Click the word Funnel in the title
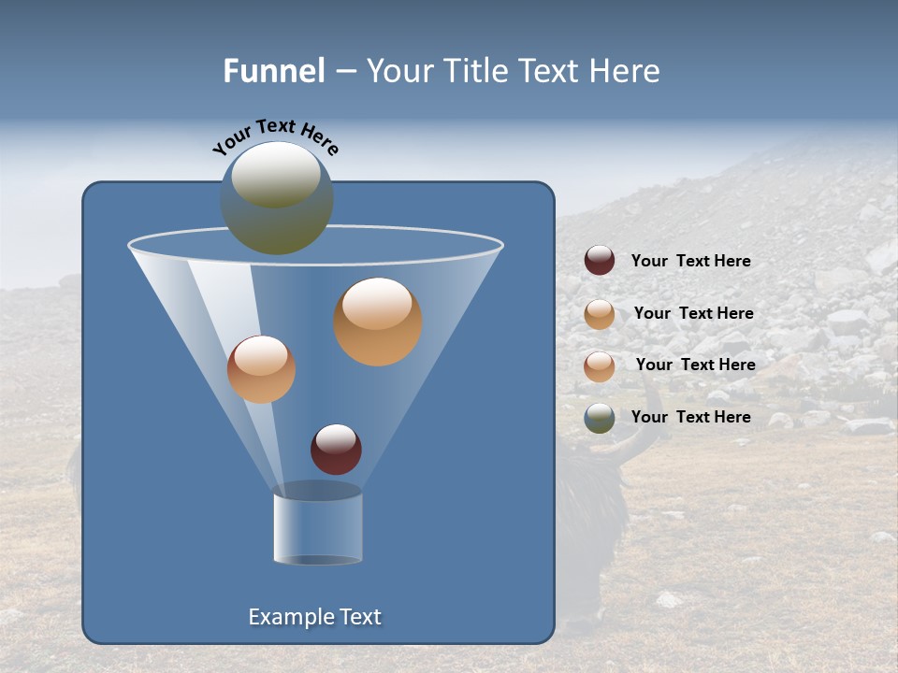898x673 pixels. tap(273, 71)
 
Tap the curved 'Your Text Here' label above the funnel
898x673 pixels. tap(276, 136)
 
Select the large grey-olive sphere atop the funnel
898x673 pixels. tap(277, 197)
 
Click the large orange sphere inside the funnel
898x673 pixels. tap(377, 322)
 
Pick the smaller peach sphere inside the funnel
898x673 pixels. tap(261, 369)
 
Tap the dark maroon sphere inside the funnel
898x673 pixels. tap(336, 449)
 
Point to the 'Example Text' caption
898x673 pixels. tap(314, 617)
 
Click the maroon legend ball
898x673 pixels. tap(600, 261)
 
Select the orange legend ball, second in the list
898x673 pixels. tap(600, 314)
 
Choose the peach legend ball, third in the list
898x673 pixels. tap(600, 365)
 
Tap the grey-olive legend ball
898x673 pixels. tap(600, 418)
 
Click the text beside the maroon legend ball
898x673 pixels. tap(690, 262)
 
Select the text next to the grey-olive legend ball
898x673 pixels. tap(690, 417)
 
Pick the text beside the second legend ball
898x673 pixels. tap(693, 313)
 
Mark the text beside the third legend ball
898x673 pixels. tap(695, 365)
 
